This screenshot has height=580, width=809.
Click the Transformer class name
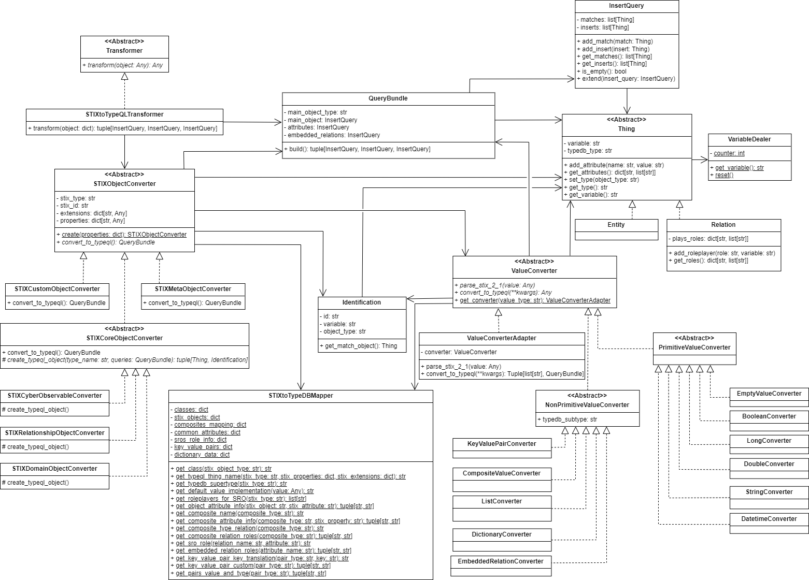coord(124,51)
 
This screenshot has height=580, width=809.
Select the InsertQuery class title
coord(627,6)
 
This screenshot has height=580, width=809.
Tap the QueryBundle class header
coord(388,98)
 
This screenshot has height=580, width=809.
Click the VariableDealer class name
coord(749,140)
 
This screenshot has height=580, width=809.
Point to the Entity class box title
coord(616,225)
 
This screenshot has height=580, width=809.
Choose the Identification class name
coord(362,302)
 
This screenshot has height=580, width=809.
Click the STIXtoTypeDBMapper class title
coord(301,396)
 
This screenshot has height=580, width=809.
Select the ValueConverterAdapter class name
coord(502,338)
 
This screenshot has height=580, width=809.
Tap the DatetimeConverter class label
coord(769,519)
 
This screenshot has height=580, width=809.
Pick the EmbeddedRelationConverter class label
coord(501,561)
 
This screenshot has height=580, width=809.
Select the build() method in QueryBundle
coord(357,149)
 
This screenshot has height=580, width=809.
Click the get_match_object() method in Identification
coord(361,346)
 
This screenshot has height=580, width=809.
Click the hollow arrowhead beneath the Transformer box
coord(124,77)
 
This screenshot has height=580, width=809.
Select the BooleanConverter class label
coord(769,416)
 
